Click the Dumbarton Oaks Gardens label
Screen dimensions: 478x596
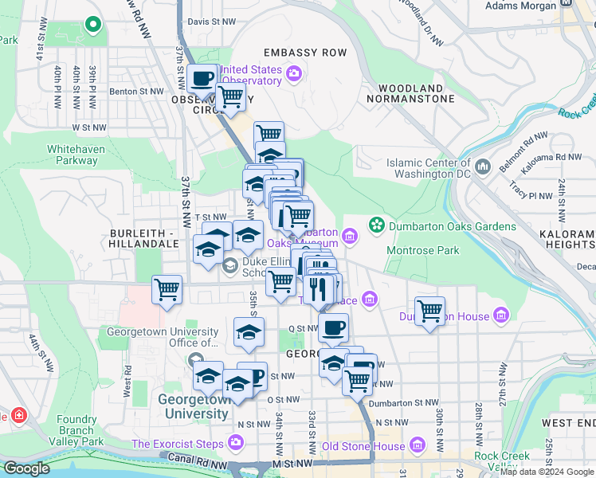coord(453,226)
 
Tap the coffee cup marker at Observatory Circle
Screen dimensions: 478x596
coord(202,80)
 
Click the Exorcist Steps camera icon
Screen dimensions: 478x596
coord(236,442)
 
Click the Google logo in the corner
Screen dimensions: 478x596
coord(26,468)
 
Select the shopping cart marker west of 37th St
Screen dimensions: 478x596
coord(167,289)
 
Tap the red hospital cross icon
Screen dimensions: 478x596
coord(18,415)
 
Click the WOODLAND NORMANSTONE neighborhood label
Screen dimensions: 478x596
coord(410,93)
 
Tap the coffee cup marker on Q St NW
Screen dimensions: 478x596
coord(333,327)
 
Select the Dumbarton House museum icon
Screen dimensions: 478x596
coord(500,315)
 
